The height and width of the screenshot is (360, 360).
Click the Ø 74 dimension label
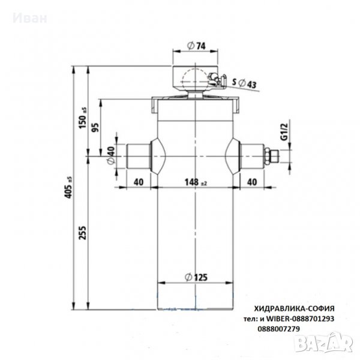(196, 46)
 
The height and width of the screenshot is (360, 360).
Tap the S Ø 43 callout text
(244, 83)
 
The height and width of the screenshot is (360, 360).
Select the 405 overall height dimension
(68, 188)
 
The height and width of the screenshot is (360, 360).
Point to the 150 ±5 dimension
(83, 118)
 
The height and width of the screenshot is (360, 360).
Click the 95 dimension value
(95, 127)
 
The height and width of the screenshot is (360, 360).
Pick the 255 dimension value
(82, 233)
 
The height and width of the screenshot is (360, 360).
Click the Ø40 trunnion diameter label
(111, 155)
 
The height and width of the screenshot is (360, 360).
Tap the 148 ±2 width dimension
(196, 182)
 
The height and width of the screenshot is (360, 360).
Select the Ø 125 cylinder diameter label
(196, 277)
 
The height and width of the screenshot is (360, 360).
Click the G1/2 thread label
(284, 131)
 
